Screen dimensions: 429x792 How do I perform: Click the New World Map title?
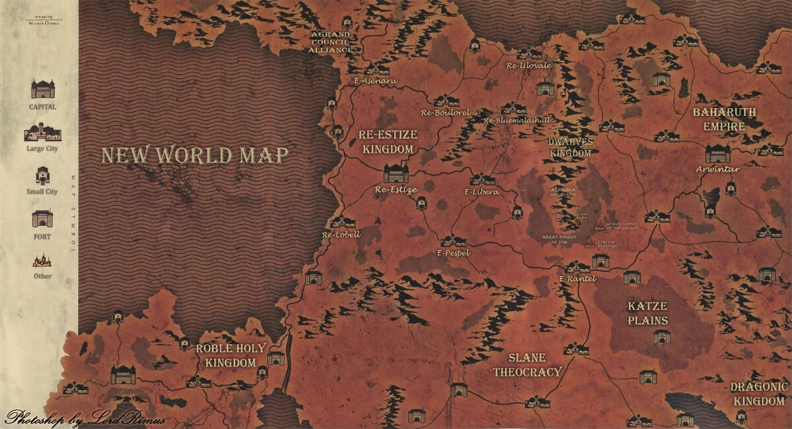pos(195,156)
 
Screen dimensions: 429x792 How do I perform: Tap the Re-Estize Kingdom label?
pos(388,142)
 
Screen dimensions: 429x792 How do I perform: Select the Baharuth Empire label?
pos(724,119)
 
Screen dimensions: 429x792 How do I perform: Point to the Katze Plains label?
pos(648,314)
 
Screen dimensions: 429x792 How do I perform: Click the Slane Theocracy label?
pos(527,365)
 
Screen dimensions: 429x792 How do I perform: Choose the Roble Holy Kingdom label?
pos(230,355)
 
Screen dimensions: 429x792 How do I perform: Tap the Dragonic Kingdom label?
pos(759,394)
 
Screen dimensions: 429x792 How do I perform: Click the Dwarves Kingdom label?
pos(571,147)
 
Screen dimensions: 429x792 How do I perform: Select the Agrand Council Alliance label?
pos(331,42)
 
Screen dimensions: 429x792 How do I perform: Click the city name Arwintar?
pos(717,169)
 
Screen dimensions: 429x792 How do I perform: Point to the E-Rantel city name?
pos(577,279)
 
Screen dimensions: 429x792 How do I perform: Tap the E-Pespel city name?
pos(453,252)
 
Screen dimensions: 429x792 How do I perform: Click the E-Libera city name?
pos(478,192)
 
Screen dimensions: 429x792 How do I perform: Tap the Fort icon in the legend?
pos(42,219)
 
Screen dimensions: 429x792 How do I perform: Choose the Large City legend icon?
pos(42,132)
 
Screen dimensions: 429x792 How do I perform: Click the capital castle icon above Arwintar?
pos(717,153)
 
